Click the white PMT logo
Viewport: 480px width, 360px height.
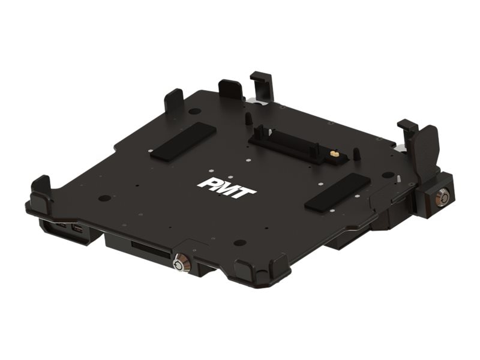pyautogui.click(x=227, y=187)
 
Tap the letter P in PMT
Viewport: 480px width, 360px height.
pyautogui.click(x=206, y=182)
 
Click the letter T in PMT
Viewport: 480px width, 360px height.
pyautogui.click(x=247, y=191)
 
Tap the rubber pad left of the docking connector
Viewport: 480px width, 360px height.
pyautogui.click(x=183, y=142)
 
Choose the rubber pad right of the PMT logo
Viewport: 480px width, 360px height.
pyautogui.click(x=337, y=192)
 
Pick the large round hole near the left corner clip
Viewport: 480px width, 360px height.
pyautogui.click(x=104, y=197)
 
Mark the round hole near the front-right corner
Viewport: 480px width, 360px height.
pyautogui.click(x=240, y=243)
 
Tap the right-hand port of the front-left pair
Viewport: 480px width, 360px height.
pyautogui.click(x=76, y=230)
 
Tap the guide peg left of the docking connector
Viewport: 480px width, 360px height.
pyautogui.click(x=247, y=118)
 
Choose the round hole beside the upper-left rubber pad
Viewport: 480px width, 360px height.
pyautogui.click(x=194, y=111)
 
